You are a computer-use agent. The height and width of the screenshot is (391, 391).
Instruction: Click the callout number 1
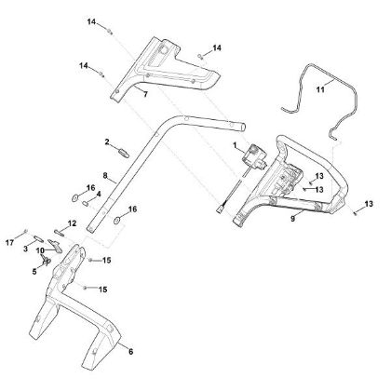click(235, 145)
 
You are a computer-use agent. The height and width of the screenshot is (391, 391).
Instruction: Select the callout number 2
click(107, 142)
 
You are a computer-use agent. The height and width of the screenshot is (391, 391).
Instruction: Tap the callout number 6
click(130, 352)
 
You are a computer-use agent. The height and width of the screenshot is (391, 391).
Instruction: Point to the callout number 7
click(145, 94)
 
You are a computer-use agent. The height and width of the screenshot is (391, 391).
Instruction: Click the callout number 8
click(105, 176)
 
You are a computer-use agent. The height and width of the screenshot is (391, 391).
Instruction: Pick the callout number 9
click(292, 219)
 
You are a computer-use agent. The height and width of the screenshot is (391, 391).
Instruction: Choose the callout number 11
click(320, 89)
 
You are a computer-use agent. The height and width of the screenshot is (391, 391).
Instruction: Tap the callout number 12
click(72, 223)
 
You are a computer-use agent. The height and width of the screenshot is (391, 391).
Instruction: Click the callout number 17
click(9, 242)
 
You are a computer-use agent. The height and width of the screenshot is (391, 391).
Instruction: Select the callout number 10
click(40, 250)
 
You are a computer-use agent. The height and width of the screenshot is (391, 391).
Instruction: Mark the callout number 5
click(34, 272)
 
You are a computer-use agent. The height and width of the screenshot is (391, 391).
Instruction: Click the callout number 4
click(99, 195)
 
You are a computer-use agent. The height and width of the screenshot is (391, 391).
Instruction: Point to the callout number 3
click(25, 249)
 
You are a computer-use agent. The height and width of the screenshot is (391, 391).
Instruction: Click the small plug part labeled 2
click(124, 154)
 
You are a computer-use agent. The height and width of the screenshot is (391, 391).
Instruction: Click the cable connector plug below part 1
click(220, 209)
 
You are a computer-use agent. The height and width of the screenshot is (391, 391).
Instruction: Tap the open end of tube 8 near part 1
click(244, 128)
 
